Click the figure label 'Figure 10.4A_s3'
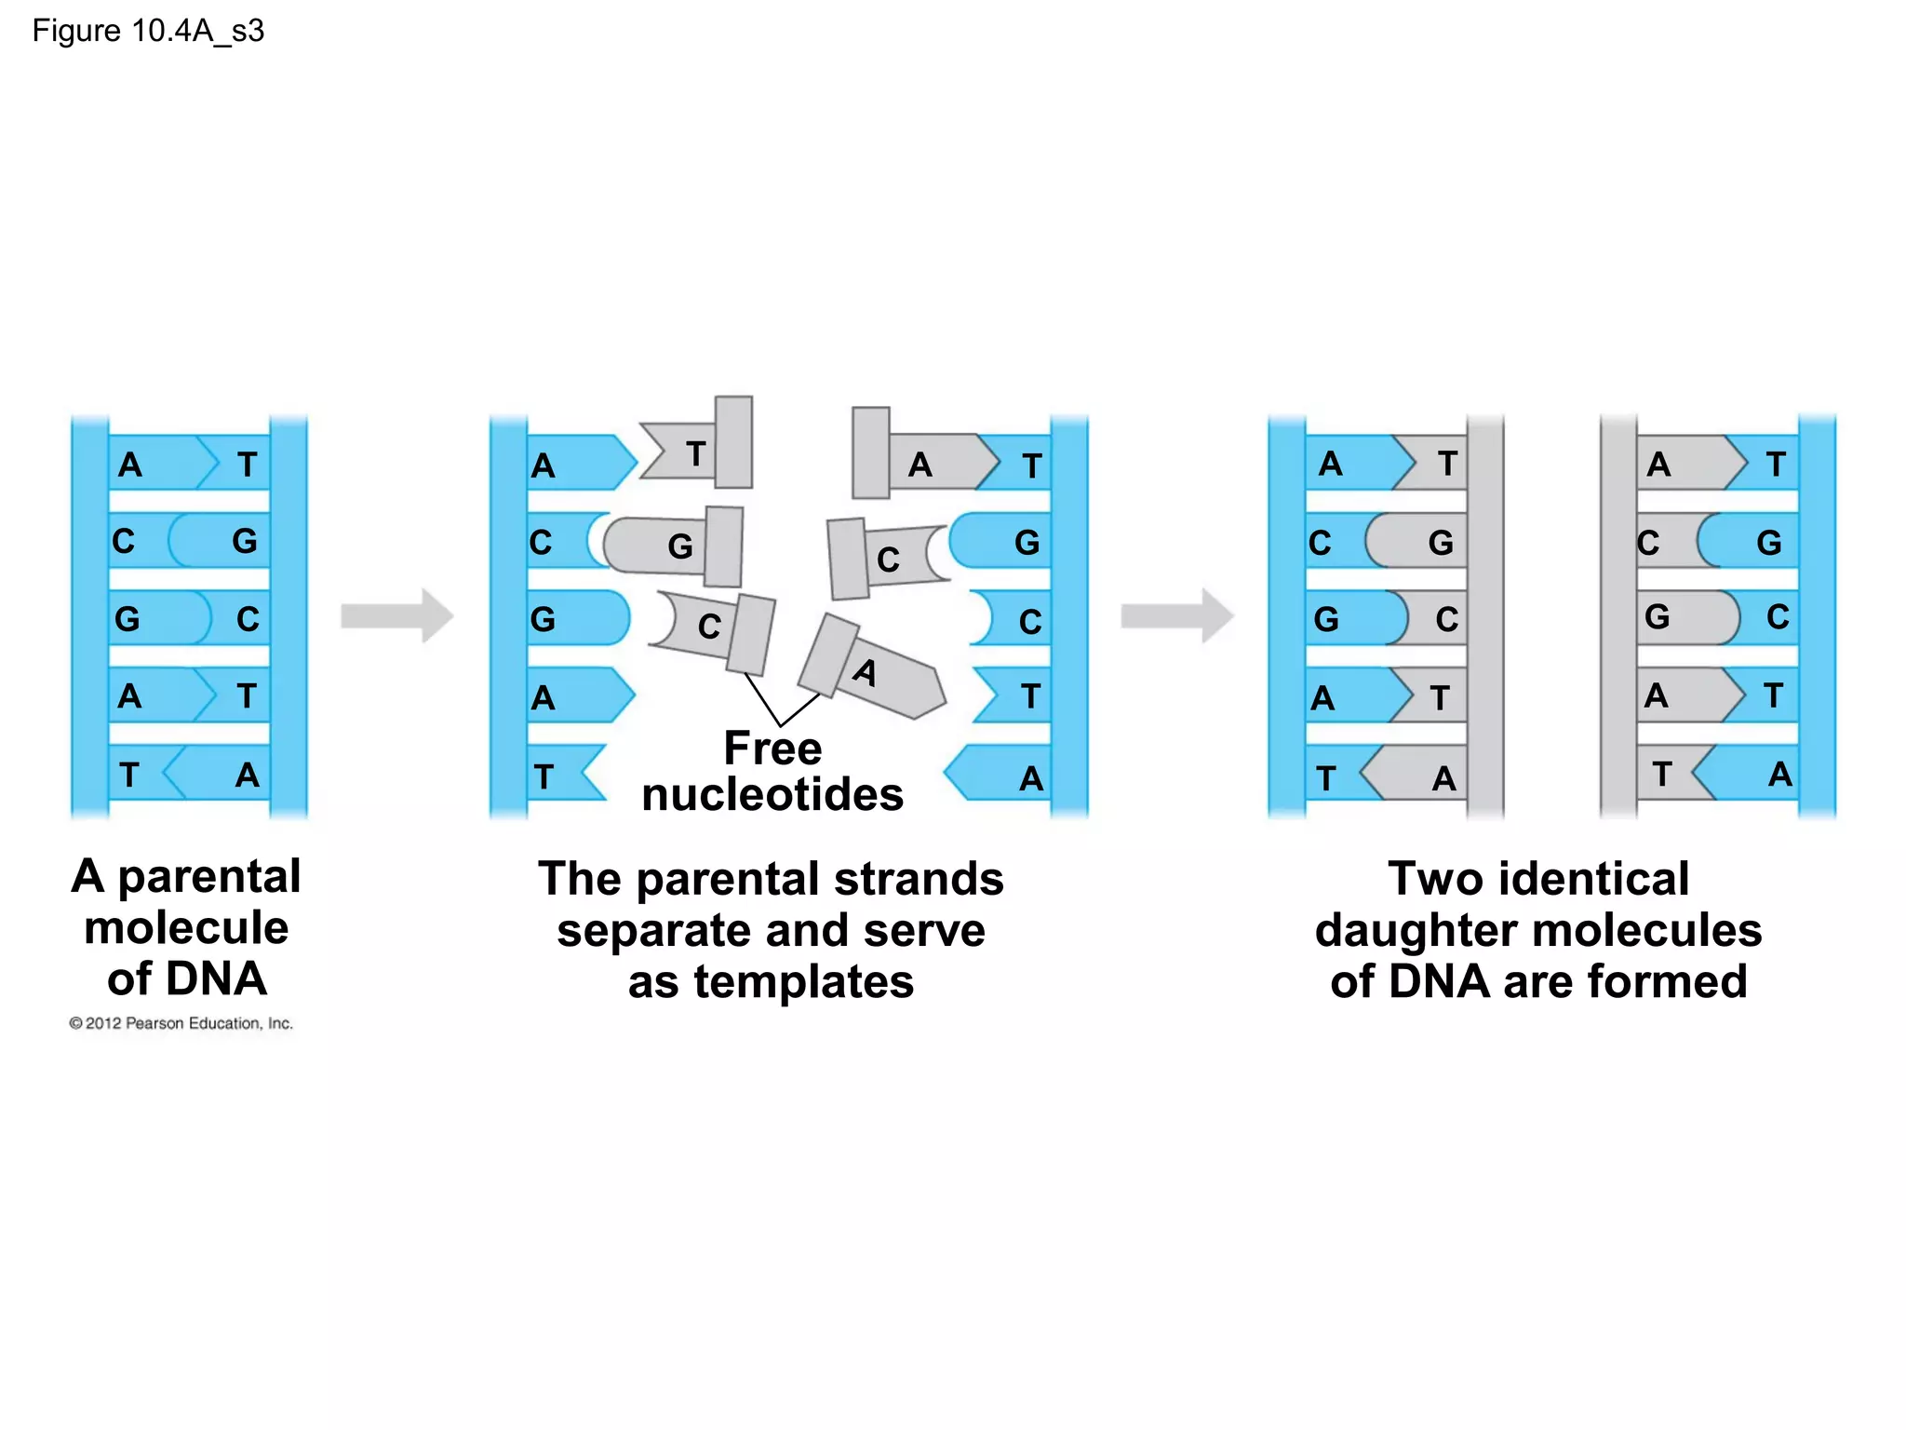148,31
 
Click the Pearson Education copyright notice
181,1023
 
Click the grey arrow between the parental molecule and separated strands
396,615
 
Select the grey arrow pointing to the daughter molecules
1176,615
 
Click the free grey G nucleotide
675,546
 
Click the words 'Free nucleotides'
772,772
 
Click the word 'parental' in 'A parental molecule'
209,877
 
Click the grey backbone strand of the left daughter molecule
1485,615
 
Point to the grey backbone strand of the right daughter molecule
1617,615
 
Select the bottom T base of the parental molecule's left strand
130,774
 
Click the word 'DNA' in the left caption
218,979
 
